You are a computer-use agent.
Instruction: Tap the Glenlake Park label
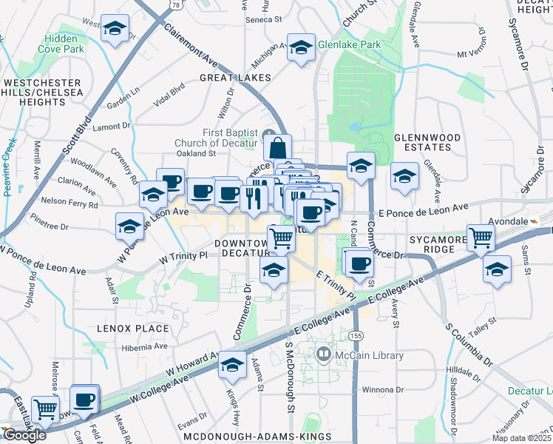(349, 44)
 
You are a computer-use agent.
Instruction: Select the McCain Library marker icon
(323, 356)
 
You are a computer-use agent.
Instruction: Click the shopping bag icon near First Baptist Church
(277, 146)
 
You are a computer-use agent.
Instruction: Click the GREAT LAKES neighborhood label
(234, 78)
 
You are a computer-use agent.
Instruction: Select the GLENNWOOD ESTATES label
(427, 143)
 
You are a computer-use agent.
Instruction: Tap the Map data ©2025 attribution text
(521, 438)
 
